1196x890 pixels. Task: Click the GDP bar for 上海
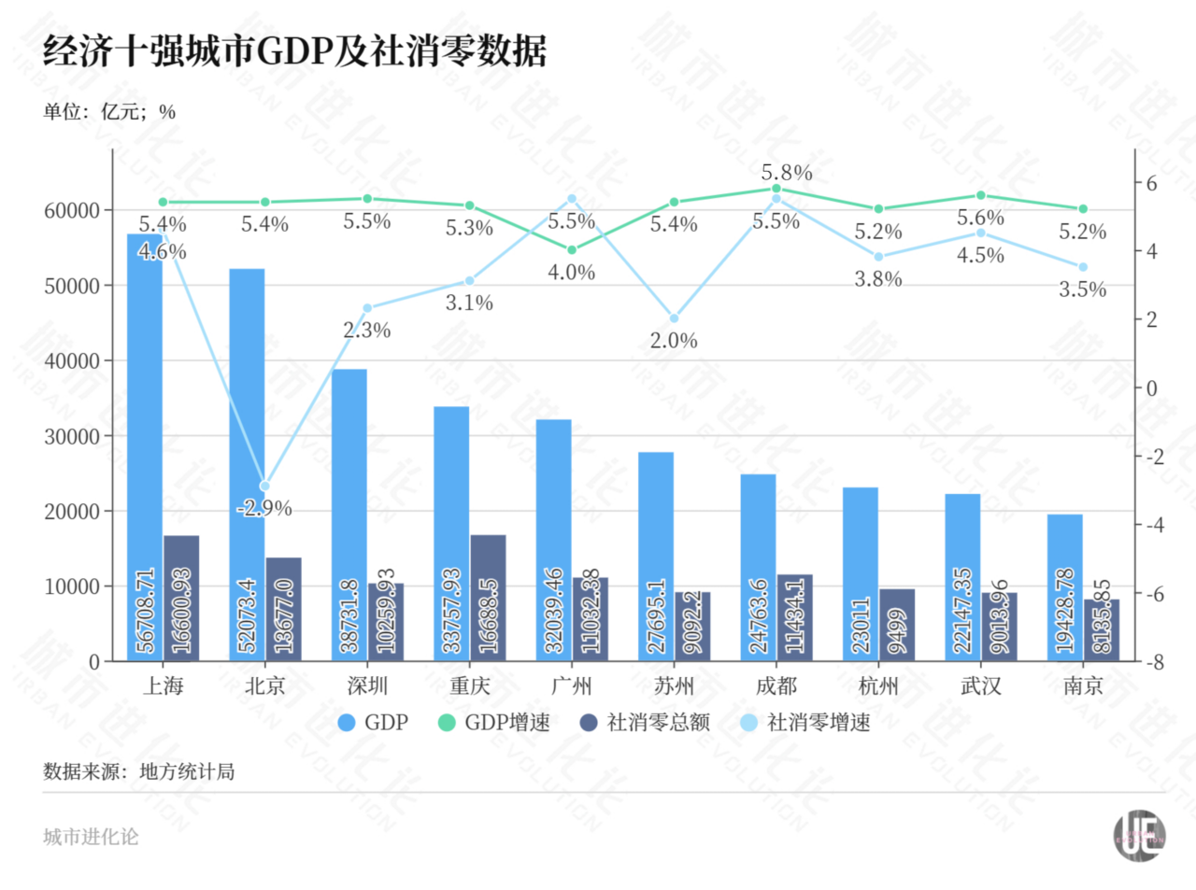point(145,448)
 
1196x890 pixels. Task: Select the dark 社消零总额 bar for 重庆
point(488,598)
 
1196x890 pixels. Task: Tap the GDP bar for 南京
point(1065,588)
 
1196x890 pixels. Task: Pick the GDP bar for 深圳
point(349,514)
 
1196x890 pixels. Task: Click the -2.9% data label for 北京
point(264,509)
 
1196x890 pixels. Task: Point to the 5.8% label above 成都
point(787,173)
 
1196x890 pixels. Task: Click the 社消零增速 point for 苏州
point(675,318)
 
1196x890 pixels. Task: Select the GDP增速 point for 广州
point(572,249)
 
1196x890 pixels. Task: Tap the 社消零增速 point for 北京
point(264,487)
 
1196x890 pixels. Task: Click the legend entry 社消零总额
point(646,723)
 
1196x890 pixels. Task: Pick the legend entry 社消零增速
point(805,723)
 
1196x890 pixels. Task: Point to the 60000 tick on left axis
point(72,210)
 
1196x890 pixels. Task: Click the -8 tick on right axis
point(1156,662)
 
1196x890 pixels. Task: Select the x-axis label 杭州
point(878,686)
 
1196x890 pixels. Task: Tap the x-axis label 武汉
point(981,686)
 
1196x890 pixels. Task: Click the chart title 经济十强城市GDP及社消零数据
point(294,51)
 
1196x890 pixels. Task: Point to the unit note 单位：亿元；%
point(109,112)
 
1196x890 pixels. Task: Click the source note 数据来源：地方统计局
point(138,772)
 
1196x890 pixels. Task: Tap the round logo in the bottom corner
point(1139,836)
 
